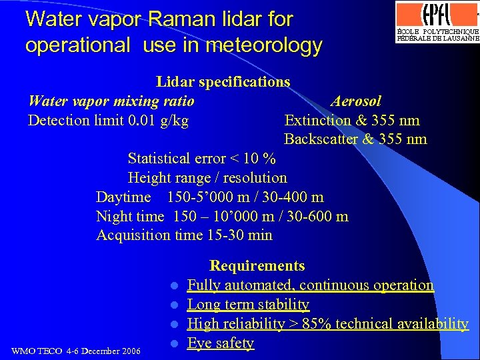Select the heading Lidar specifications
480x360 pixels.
click(x=223, y=82)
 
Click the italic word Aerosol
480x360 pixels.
click(x=356, y=101)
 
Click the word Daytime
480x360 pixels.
click(x=123, y=197)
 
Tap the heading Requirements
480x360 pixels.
click(x=257, y=266)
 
